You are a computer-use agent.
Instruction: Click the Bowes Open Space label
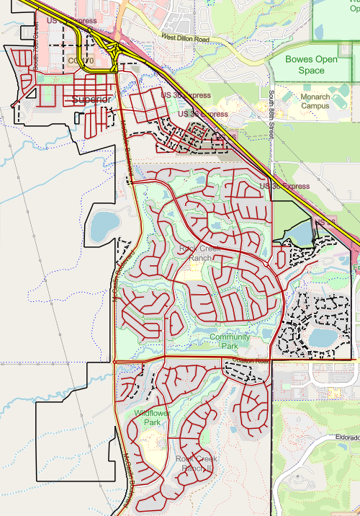point(311,65)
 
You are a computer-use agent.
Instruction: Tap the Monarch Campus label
point(315,102)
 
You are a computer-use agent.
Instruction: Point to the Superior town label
point(92,99)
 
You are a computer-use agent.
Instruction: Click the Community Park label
point(230,341)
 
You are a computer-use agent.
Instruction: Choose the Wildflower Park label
point(147,418)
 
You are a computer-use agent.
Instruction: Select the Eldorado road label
point(346,437)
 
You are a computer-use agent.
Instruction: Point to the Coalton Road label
point(251,360)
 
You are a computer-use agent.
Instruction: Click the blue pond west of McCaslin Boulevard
point(105,226)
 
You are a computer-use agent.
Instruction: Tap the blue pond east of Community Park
point(323,337)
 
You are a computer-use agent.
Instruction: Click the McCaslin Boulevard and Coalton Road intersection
point(114,360)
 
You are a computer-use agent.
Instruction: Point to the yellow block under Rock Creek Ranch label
point(192,273)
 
